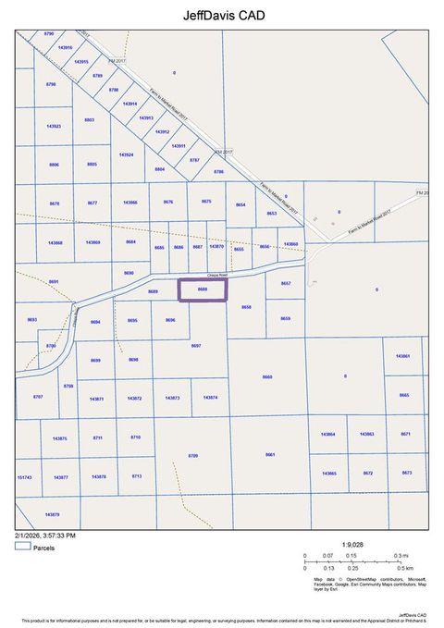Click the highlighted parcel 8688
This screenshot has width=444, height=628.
[202, 289]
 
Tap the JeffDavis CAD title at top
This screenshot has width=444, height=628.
[221, 16]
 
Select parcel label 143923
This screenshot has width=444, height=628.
[54, 126]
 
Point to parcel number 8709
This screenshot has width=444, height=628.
[193, 456]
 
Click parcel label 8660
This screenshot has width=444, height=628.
[268, 376]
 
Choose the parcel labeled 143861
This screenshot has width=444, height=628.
[402, 356]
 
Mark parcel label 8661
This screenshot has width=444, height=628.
[270, 455]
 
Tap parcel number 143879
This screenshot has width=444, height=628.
[52, 514]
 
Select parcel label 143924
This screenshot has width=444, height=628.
[126, 154]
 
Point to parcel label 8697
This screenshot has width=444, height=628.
[195, 345]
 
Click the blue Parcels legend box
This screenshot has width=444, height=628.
[22, 548]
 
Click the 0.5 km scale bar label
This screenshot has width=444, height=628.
[404, 567]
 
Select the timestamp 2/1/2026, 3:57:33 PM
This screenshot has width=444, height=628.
[44, 536]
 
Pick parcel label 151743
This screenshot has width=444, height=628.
[25, 477]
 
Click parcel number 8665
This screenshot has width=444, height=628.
[404, 395]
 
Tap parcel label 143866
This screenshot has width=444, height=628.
[129, 202]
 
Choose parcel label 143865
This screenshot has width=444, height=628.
[329, 473]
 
